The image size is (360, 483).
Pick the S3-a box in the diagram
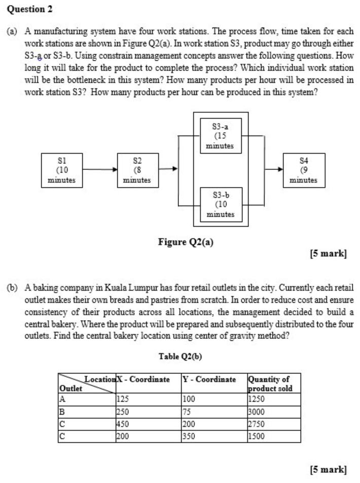click(x=221, y=135)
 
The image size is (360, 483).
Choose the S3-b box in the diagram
click(x=221, y=204)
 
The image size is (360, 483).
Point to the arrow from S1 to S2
click(x=98, y=169)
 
